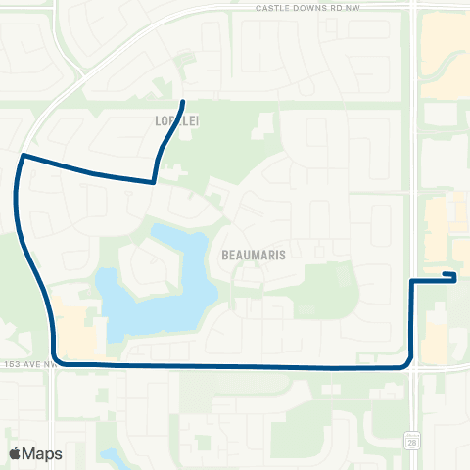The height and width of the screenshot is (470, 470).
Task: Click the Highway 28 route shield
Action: (x=413, y=442)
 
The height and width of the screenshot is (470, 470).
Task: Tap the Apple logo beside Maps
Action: (x=15, y=453)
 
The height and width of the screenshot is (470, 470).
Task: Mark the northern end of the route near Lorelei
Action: (x=183, y=102)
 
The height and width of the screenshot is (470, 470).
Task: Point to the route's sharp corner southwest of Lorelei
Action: (x=154, y=181)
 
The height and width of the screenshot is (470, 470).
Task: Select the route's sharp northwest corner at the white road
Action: (x=23, y=155)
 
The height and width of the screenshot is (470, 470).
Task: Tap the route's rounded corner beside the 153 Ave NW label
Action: (x=57, y=361)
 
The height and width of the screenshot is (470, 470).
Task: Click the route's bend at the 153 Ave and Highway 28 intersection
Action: (x=408, y=364)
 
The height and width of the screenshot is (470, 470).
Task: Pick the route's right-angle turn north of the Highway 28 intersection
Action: (x=411, y=281)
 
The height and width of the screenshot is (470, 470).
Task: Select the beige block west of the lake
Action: (x=76, y=328)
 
